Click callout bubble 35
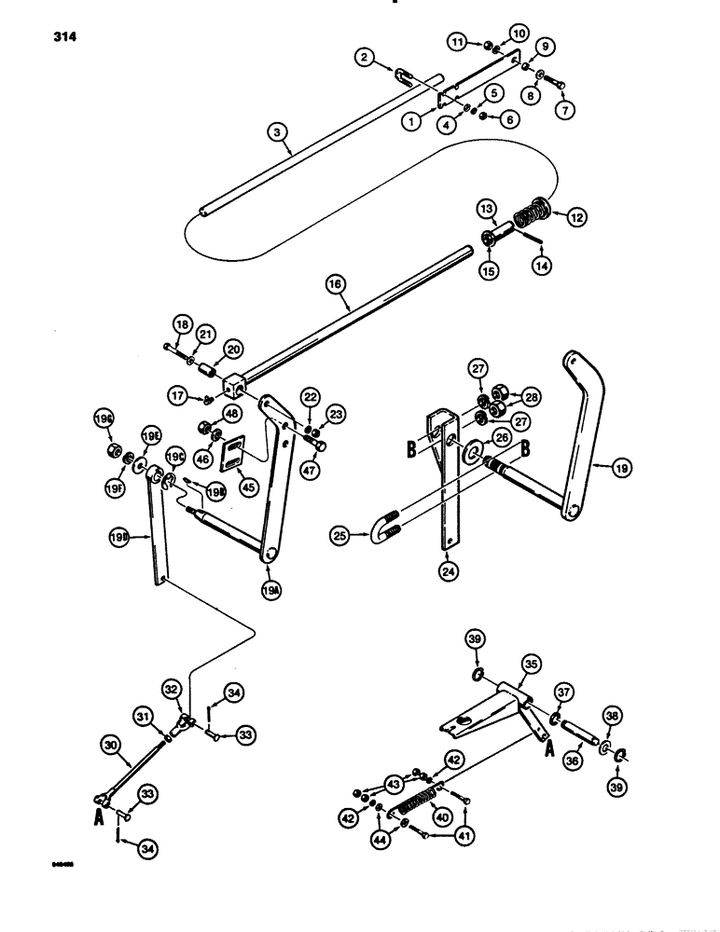(x=530, y=663)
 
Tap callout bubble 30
(x=110, y=745)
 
